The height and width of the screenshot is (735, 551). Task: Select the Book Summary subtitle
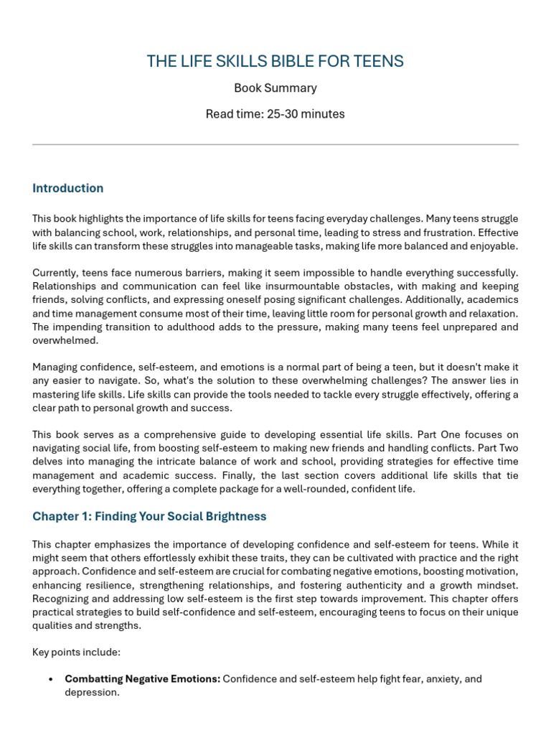click(x=275, y=88)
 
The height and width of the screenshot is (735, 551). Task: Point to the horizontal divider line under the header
click(x=275, y=145)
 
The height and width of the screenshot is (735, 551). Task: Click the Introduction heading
click(x=67, y=188)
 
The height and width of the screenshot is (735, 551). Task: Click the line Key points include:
click(x=77, y=652)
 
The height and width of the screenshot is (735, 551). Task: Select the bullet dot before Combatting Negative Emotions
click(x=50, y=679)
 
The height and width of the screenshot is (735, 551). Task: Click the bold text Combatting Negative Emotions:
click(x=142, y=679)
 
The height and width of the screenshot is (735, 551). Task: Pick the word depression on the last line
click(x=91, y=693)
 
